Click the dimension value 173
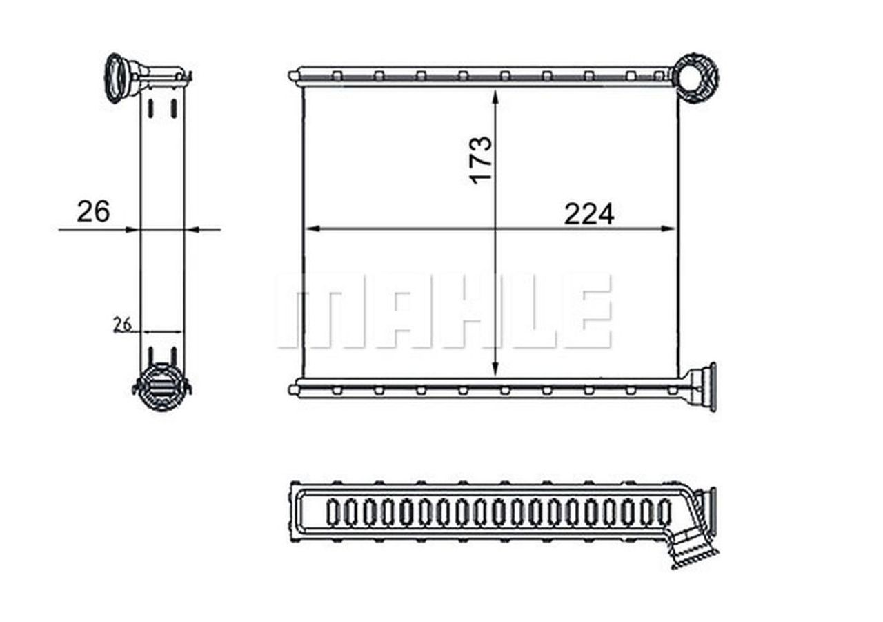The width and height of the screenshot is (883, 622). coord(482,159)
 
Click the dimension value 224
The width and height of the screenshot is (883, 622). coord(588,215)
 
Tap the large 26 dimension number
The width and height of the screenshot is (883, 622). coord(93,212)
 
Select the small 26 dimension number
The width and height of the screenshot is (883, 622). coord(123,324)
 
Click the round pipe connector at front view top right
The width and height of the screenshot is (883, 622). coord(695,77)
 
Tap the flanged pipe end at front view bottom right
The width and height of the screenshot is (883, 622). coord(705,387)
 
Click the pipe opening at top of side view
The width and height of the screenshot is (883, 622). coord(115,77)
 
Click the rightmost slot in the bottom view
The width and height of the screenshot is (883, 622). coord(664,512)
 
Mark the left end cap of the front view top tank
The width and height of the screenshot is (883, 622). coord(295,75)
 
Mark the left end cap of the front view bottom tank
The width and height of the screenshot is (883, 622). coord(295,390)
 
